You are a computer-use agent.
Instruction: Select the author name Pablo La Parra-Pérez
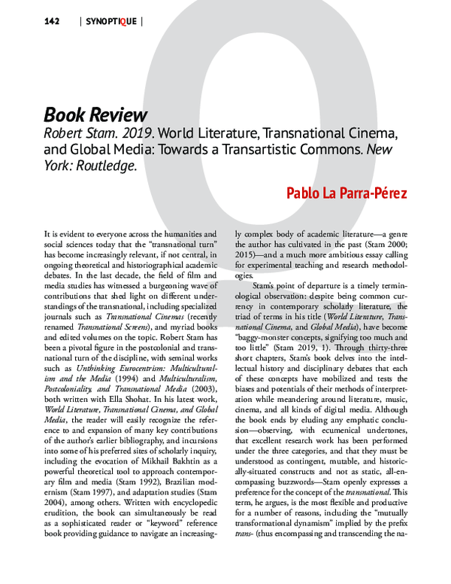coord(347,193)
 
